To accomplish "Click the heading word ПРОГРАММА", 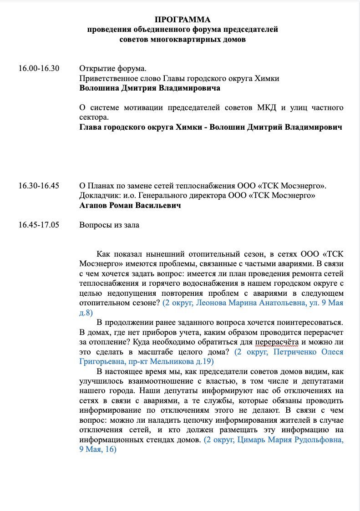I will point(183,20).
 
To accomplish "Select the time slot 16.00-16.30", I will point(39,69).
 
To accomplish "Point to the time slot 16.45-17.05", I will point(39,225).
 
